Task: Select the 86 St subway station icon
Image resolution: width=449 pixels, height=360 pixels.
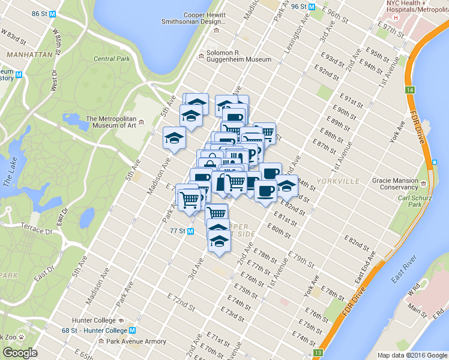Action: point(53,13)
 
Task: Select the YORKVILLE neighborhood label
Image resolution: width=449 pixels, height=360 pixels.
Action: point(340,181)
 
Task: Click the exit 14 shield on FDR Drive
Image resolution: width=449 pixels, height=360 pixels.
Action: point(409,89)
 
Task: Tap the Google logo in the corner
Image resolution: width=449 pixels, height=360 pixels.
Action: point(20,353)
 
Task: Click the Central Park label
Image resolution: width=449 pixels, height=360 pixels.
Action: point(112,59)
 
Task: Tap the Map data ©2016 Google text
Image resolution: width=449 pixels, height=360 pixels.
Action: point(411,355)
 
